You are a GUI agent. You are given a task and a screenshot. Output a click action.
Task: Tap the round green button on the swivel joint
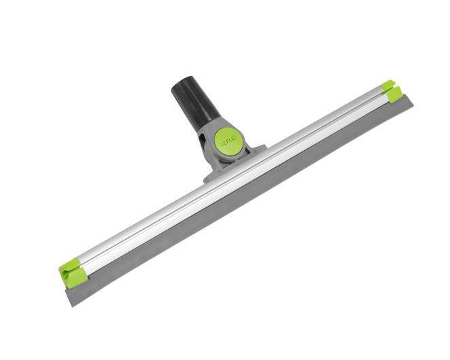point(227,140)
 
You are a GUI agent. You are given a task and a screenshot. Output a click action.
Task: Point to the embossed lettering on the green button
point(227,139)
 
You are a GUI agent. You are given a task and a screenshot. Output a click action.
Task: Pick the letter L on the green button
point(230,138)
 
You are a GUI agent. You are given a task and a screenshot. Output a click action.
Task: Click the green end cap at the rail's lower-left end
point(73,273)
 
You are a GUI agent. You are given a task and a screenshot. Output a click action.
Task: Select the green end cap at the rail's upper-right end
point(391,92)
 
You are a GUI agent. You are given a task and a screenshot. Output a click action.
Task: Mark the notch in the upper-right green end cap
point(385,87)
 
